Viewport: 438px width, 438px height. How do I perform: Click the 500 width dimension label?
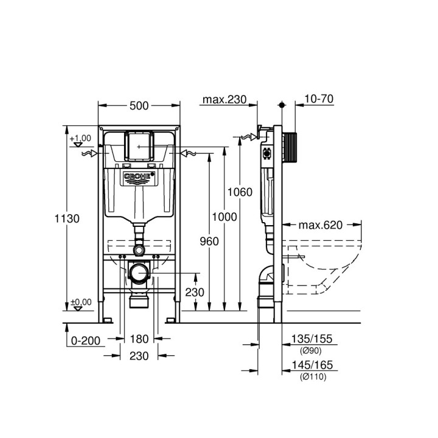139,106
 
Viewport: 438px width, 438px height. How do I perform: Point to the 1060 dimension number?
240,192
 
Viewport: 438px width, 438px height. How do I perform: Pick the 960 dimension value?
209,242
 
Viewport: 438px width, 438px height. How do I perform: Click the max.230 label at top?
225,100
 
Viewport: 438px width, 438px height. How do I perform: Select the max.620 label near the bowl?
320,224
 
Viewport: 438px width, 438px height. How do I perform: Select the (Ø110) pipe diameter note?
313,377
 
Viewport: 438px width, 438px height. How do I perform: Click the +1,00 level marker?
80,139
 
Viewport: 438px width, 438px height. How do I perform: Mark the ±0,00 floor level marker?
80,302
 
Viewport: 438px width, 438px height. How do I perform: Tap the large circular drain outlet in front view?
139,273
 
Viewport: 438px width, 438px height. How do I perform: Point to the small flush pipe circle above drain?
139,249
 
